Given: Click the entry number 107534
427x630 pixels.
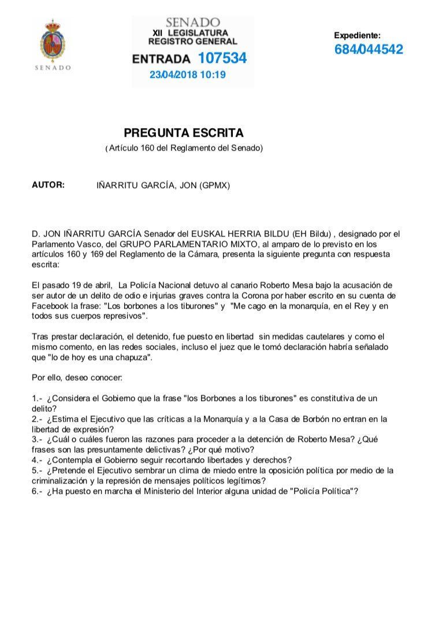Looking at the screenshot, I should pos(222,58).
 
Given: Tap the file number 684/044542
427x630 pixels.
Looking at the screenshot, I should pos(368,49).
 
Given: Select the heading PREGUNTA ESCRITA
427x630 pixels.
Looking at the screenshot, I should pos(184,133).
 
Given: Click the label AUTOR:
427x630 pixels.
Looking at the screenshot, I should pos(48,185).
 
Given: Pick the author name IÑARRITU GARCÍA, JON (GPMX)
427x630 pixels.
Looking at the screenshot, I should pos(163,186).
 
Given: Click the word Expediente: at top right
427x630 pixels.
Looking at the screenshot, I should pos(357,35).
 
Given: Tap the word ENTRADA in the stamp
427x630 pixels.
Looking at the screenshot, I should pos(161,59).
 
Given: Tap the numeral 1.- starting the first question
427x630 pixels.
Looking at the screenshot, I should pos(37,399).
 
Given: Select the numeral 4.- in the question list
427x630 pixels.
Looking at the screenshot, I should pos(37,460).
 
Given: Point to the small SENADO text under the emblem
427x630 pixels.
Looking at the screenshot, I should pos(53,67).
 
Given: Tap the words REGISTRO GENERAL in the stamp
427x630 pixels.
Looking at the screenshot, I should pos(192,42).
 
